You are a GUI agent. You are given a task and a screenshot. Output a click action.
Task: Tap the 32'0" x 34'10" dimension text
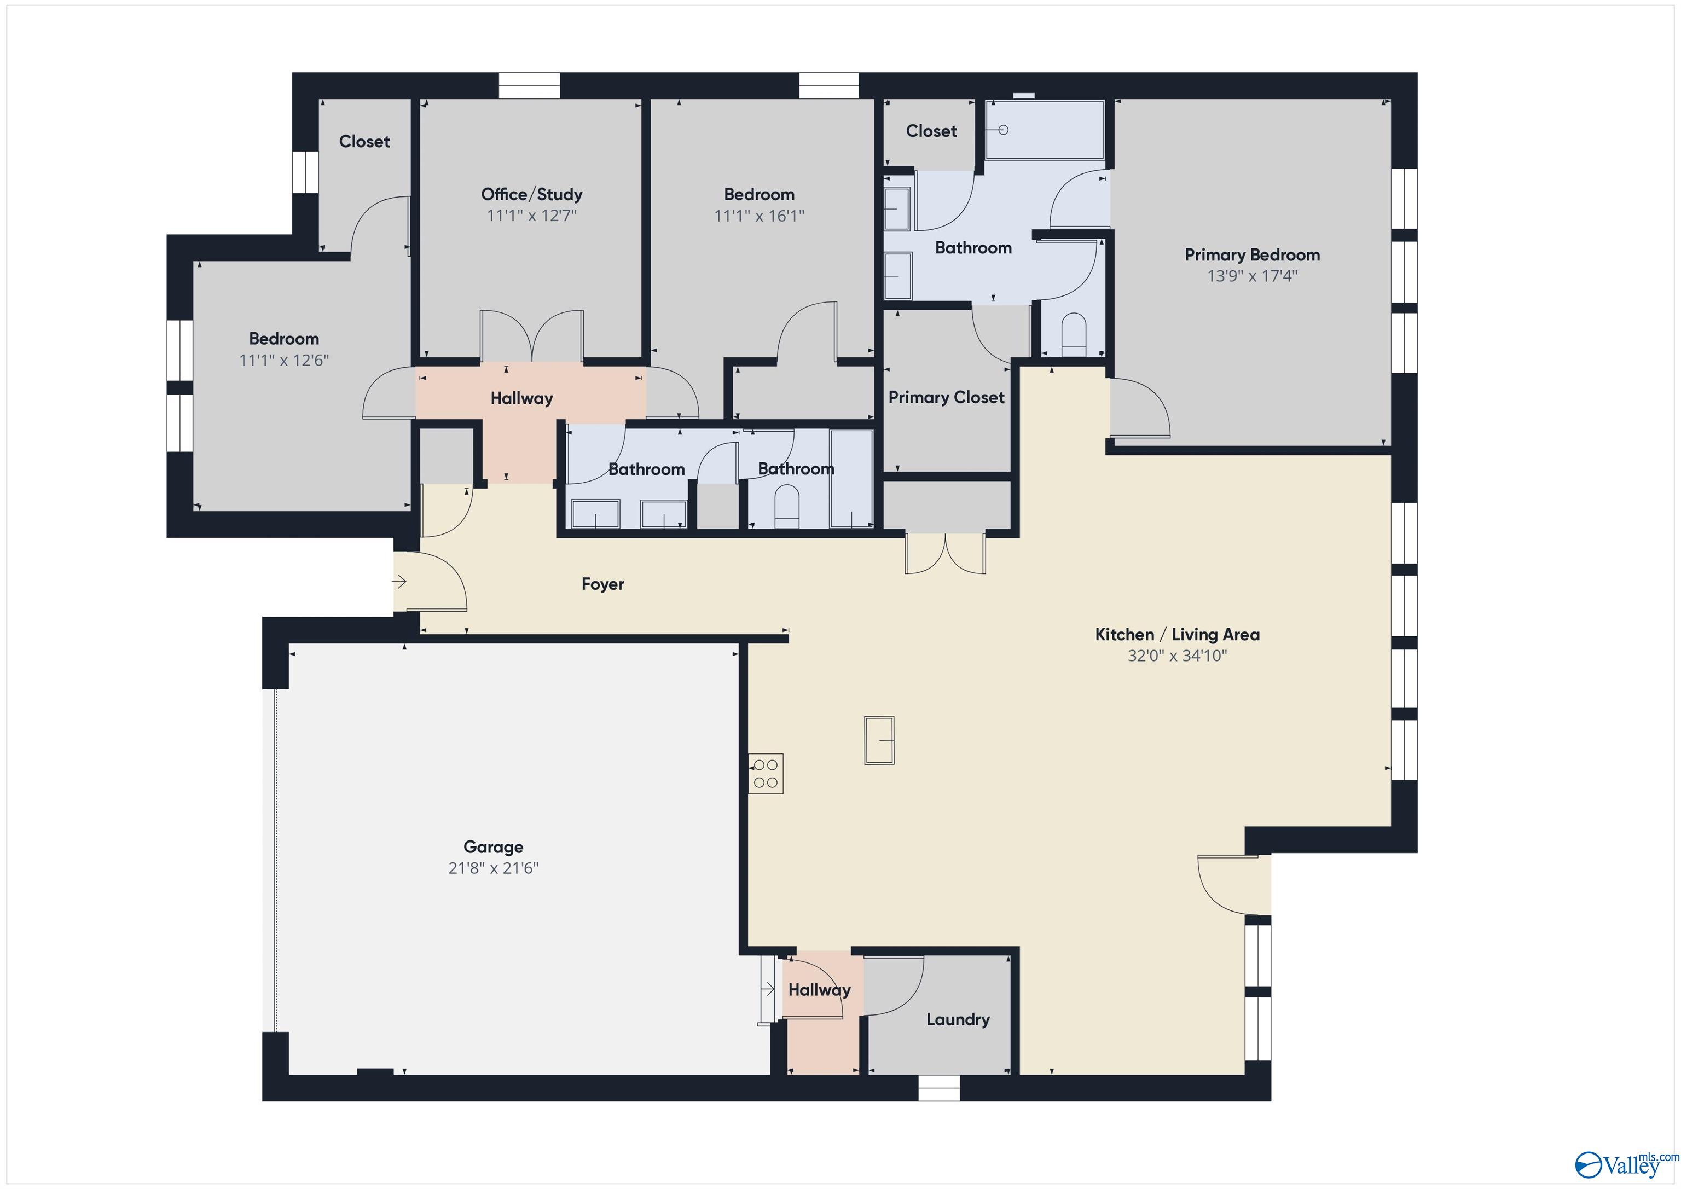pyautogui.click(x=1176, y=656)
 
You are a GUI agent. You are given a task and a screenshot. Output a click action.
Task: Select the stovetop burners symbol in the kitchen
pyautogui.click(x=766, y=773)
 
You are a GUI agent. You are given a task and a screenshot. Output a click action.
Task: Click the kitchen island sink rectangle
pyautogui.click(x=879, y=740)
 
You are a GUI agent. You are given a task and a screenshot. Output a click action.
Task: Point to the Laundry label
pyautogui.click(x=957, y=1019)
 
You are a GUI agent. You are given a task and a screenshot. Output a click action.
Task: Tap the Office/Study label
pyautogui.click(x=531, y=194)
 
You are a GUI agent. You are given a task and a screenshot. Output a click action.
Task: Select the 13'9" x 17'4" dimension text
pyautogui.click(x=1251, y=276)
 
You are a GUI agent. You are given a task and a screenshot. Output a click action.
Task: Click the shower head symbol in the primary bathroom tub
pyautogui.click(x=1003, y=130)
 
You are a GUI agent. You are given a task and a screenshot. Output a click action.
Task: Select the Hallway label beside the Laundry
pyautogui.click(x=819, y=990)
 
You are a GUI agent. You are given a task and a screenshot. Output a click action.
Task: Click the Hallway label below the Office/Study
pyautogui.click(x=521, y=398)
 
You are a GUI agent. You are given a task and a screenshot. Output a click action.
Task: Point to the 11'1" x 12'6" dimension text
pyautogui.click(x=283, y=360)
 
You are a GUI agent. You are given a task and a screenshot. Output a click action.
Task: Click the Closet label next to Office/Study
pyautogui.click(x=364, y=141)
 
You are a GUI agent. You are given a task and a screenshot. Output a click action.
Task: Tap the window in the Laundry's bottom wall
pyautogui.click(x=938, y=1088)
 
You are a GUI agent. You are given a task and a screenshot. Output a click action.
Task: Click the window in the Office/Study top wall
pyautogui.click(x=529, y=86)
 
